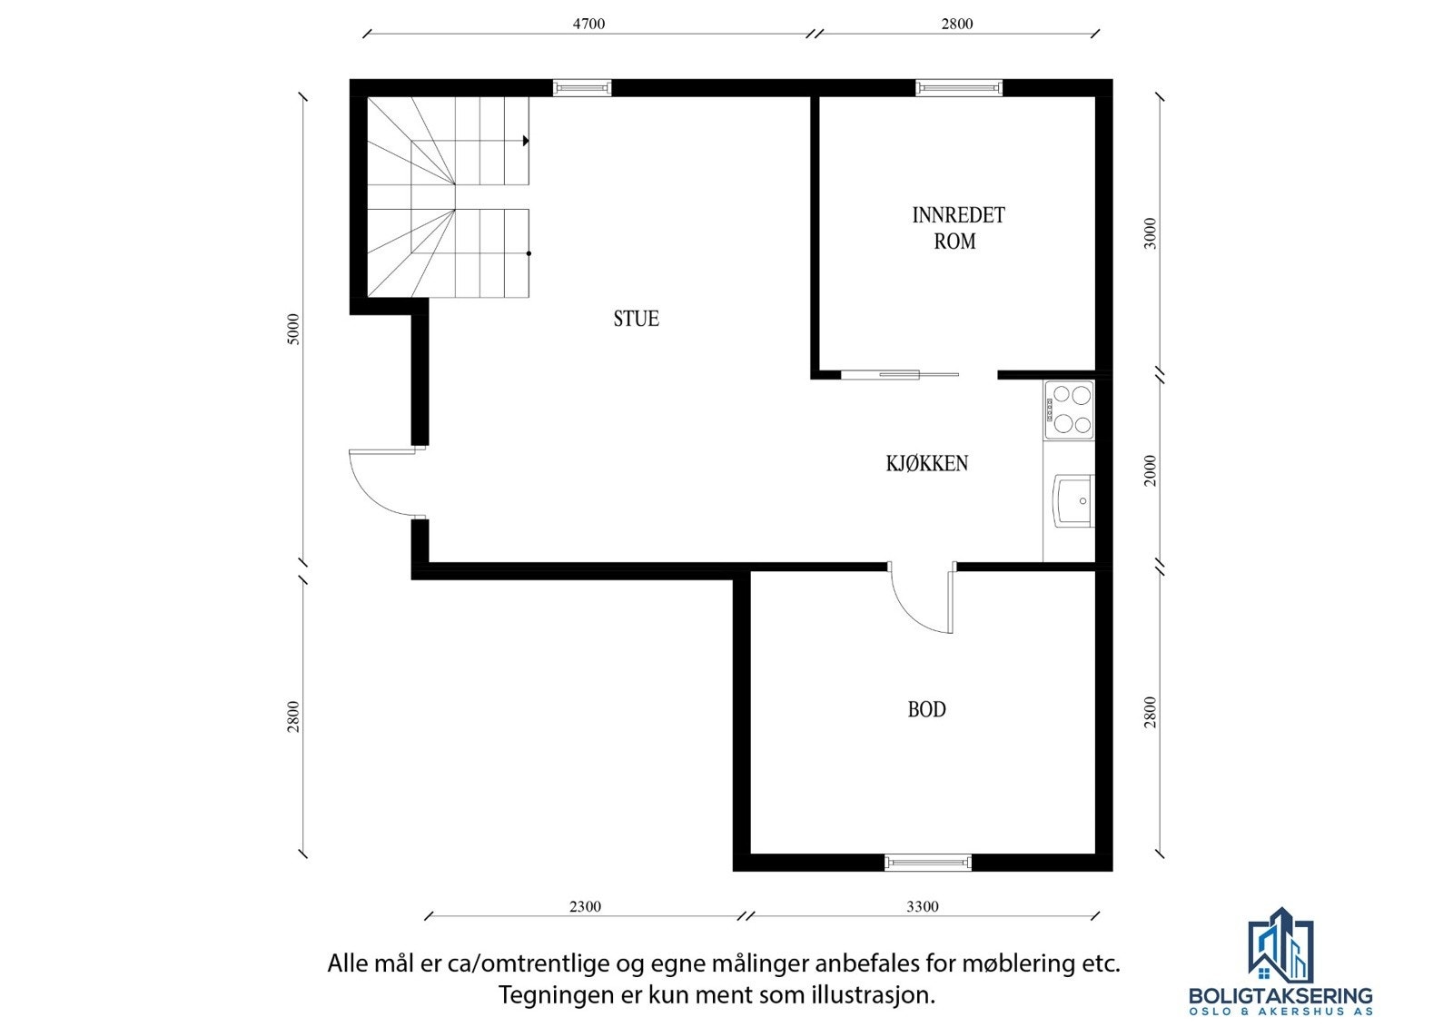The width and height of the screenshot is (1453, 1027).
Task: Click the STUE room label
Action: pyautogui.click(x=636, y=319)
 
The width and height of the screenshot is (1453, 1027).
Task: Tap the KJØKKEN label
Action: pyautogui.click(x=926, y=463)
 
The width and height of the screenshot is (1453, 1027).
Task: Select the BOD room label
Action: pyautogui.click(x=926, y=709)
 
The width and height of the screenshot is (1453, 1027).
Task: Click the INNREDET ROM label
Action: pyautogui.click(x=957, y=228)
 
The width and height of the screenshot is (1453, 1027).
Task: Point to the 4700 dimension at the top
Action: pyautogui.click(x=588, y=24)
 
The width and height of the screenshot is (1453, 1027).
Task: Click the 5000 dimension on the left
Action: pyautogui.click(x=292, y=329)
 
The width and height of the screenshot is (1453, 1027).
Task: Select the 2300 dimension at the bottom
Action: pyautogui.click(x=585, y=906)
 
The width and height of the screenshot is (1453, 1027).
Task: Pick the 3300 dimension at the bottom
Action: pyautogui.click(x=922, y=906)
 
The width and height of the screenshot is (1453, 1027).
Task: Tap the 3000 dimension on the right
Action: pyautogui.click(x=1151, y=233)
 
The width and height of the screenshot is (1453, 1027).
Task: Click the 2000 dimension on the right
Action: pyautogui.click(x=1151, y=470)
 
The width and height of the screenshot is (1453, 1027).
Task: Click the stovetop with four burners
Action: pyautogui.click(x=1069, y=410)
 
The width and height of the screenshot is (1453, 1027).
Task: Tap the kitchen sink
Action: pyautogui.click(x=1073, y=500)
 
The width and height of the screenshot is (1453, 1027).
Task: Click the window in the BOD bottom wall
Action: pyautogui.click(x=928, y=862)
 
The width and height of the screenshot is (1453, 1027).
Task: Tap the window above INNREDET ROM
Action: pyautogui.click(x=959, y=88)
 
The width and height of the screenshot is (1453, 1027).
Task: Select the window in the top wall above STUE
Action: pyautogui.click(x=582, y=88)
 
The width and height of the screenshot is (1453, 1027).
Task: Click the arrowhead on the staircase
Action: pyautogui.click(x=526, y=141)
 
